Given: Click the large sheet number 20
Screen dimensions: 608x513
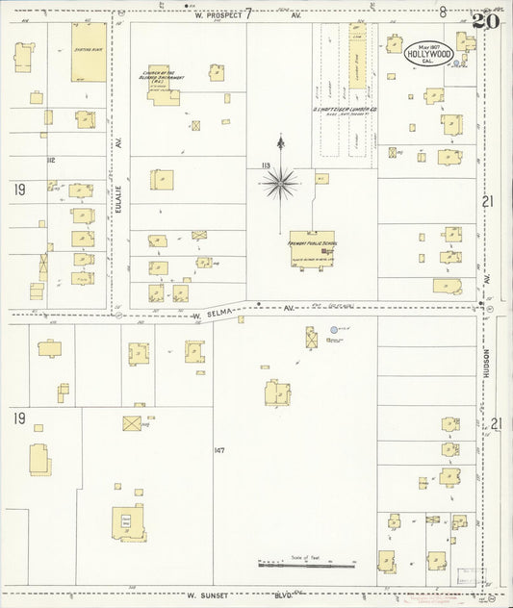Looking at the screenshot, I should [x=486, y=19].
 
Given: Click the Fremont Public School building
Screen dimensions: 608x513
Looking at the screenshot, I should [x=312, y=247].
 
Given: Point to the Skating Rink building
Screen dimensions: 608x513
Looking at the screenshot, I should [x=89, y=51].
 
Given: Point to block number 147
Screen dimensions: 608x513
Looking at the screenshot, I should [x=219, y=450].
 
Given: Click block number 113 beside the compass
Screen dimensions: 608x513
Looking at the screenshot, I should [x=264, y=165].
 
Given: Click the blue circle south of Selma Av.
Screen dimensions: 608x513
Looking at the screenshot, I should [x=335, y=330].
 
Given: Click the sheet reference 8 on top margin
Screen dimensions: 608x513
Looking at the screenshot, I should [x=442, y=13].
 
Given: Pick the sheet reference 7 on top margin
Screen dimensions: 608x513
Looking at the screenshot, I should [x=248, y=13].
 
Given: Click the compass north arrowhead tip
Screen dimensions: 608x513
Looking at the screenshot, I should [x=280, y=139].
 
